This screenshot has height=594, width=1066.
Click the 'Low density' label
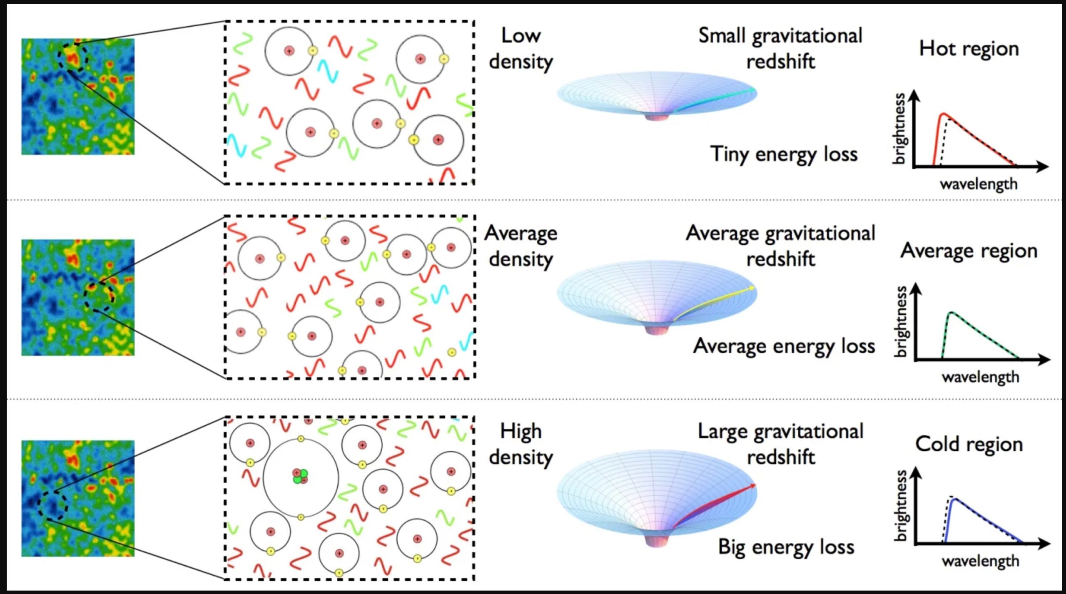[521, 49]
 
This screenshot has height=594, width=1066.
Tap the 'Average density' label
[521, 246]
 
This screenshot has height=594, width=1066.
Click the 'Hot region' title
[969, 49]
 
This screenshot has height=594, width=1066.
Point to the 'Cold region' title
[969, 444]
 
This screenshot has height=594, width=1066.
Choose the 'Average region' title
[969, 251]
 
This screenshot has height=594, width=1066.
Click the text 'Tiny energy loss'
[784, 154]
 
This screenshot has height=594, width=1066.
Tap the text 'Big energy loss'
[786, 547]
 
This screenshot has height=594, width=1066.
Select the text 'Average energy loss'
[784, 346]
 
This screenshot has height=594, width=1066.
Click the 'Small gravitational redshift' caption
[780, 49]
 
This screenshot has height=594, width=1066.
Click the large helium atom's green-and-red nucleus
[300, 476]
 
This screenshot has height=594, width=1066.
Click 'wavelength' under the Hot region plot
[978, 184]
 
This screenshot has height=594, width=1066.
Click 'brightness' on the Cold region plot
[900, 505]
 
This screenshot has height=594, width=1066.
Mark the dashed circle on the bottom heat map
[52, 505]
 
